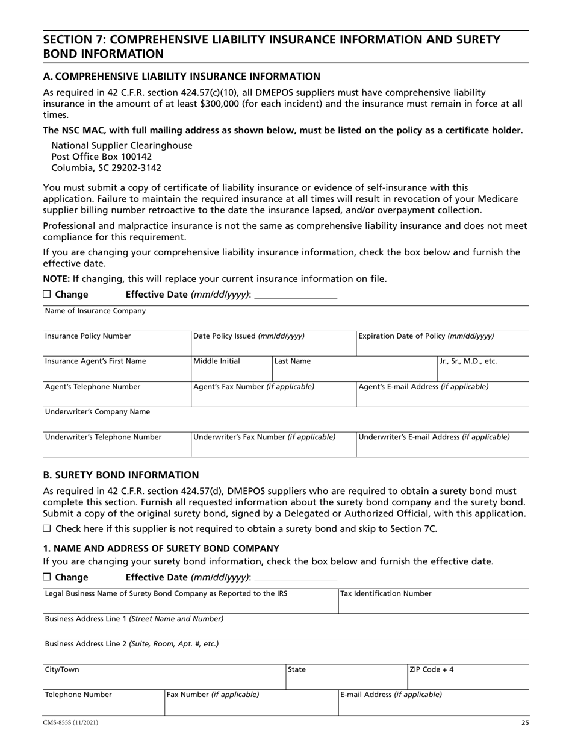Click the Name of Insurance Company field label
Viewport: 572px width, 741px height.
point(95,311)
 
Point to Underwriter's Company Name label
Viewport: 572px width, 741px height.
point(98,412)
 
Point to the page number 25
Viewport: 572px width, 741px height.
point(524,722)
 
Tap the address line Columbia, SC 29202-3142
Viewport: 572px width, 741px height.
point(106,168)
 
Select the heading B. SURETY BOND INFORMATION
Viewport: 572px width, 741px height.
point(121,475)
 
